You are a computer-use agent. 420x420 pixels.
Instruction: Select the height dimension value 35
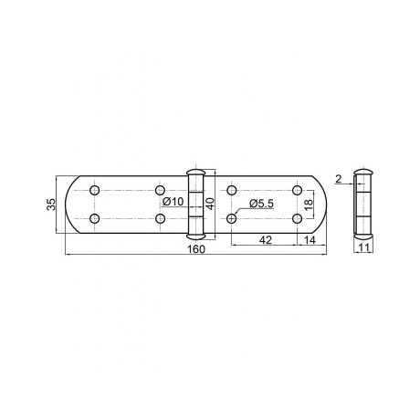[51, 205]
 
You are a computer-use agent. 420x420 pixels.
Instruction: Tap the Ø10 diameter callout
[173, 202]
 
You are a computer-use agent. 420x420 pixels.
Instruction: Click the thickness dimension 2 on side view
[338, 179]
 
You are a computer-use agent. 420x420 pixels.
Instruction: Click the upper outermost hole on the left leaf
[94, 190]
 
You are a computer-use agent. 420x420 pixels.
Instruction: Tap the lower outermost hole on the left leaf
[94, 219]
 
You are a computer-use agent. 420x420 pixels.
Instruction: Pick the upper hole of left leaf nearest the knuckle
[161, 190]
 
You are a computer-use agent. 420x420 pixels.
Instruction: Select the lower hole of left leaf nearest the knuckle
[161, 219]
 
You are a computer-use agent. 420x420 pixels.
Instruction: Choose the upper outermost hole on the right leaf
[298, 190]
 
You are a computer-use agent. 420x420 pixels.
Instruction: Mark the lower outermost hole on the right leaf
[298, 219]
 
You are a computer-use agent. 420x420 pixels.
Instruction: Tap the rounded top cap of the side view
[362, 171]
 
